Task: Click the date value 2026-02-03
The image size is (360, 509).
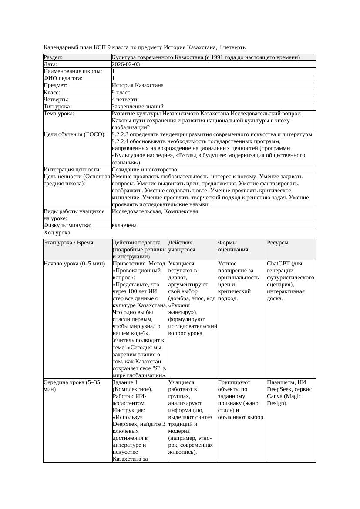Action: pyautogui.click(x=126, y=64)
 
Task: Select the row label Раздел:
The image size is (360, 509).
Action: pyautogui.click(x=53, y=57)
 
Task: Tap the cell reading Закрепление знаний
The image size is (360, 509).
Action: pyautogui.click(x=138, y=106)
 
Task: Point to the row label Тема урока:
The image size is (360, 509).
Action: pyautogui.click(x=59, y=114)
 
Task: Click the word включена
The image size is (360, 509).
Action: pyautogui.click(x=124, y=225)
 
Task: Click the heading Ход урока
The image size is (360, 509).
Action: pyautogui.click(x=57, y=233)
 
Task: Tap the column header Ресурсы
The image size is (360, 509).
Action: pyautogui.click(x=278, y=243)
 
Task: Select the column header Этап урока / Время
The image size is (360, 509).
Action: pyautogui.click(x=68, y=243)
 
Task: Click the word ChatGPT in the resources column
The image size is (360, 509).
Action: pyautogui.click(x=279, y=264)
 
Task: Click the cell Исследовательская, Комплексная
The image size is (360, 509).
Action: pyautogui.click(x=155, y=211)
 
